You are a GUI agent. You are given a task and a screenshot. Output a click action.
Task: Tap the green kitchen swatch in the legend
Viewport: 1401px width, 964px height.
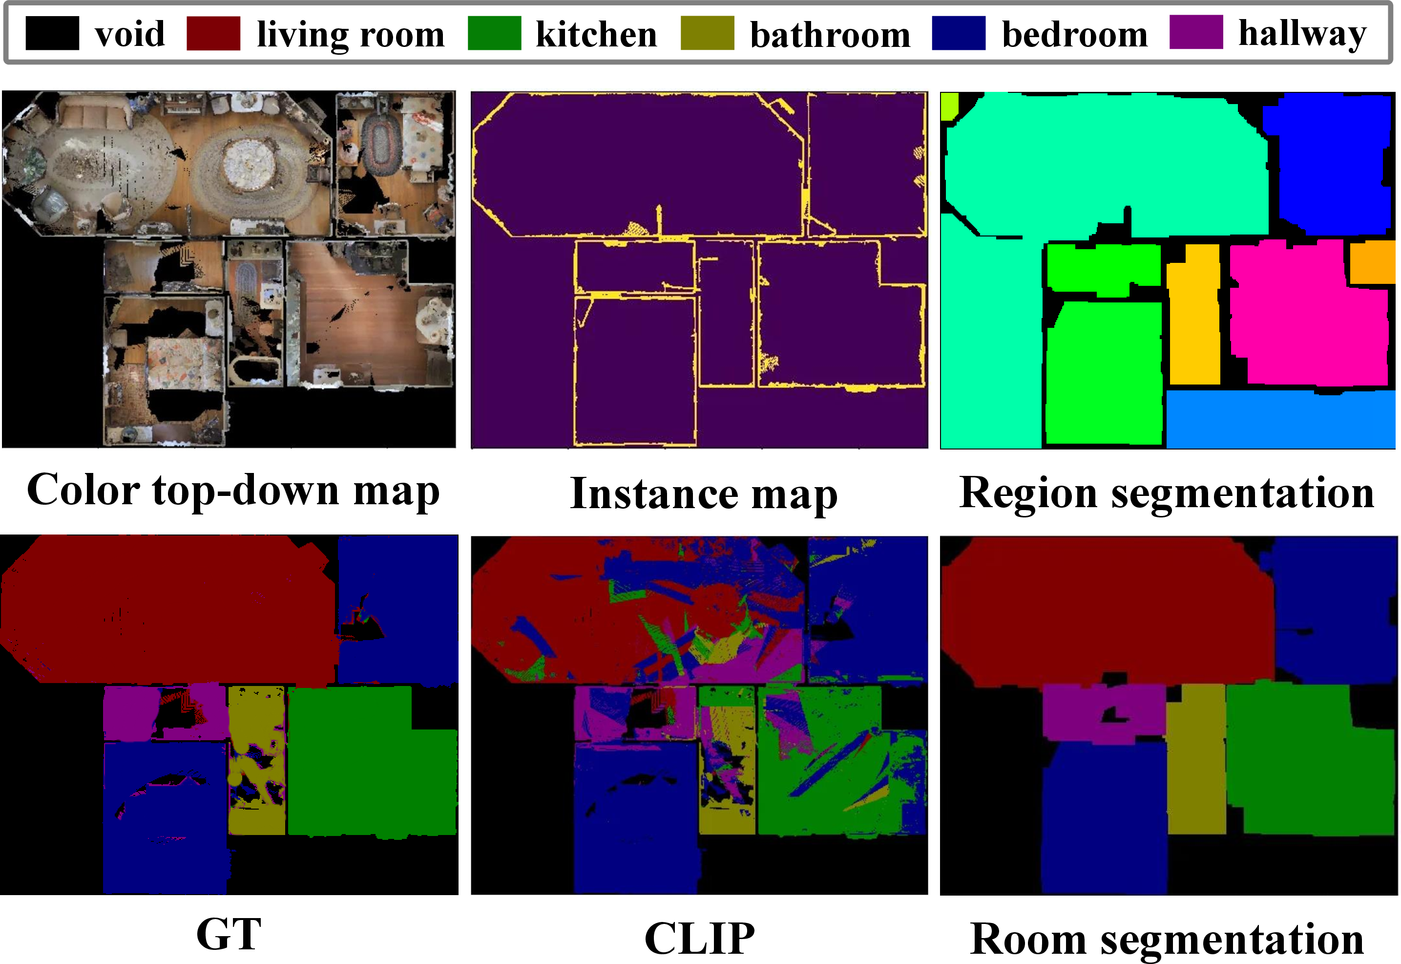point(494,33)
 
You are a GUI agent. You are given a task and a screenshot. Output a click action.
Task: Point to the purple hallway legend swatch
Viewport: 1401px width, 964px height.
point(1196,33)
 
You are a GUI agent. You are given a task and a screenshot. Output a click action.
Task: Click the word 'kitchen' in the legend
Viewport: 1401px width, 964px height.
point(596,34)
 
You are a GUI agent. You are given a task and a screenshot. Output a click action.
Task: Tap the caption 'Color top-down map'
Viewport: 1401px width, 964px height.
point(233,491)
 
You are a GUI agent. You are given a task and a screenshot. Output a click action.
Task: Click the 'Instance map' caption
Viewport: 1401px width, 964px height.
point(704,494)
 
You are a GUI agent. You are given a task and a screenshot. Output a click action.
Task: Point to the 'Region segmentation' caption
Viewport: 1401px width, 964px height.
point(1167,493)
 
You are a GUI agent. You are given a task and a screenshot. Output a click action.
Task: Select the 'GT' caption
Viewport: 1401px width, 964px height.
point(229,934)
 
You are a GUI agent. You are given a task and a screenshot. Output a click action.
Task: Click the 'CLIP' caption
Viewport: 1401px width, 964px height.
point(700,938)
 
